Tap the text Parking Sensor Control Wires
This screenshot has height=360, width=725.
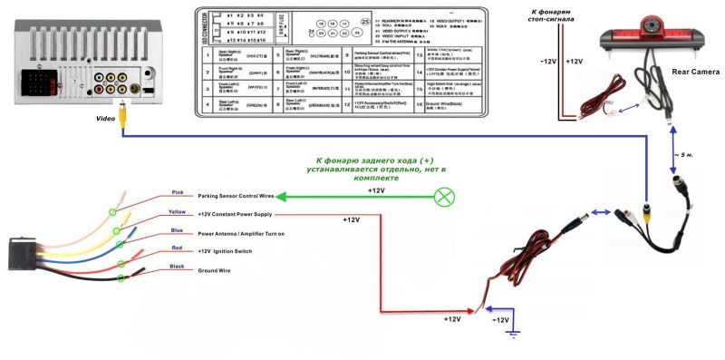pyautogui.click(x=235, y=196)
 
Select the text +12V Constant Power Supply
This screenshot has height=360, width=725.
pyautogui.click(x=235, y=215)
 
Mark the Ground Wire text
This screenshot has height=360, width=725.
pyautogui.click(x=216, y=270)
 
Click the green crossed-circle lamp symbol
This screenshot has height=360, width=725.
pyautogui.click(x=444, y=197)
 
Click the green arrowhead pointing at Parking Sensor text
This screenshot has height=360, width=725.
pyautogui.click(x=281, y=197)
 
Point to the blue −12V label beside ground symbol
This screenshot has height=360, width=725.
pyautogui.click(x=500, y=320)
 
